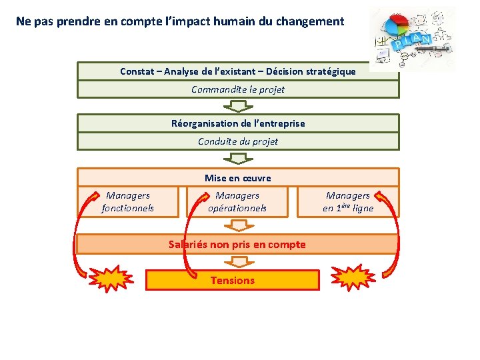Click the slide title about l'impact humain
(x=180, y=21)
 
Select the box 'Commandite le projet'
(x=238, y=89)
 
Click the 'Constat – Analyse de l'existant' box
(x=238, y=71)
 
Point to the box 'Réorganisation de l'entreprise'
(x=238, y=123)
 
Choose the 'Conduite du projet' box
(x=238, y=141)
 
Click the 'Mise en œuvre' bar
(x=238, y=177)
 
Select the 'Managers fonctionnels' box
(x=128, y=202)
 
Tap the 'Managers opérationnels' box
(x=237, y=202)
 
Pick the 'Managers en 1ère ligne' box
(x=348, y=202)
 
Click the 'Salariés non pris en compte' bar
(x=237, y=244)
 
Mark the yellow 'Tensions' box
(x=233, y=280)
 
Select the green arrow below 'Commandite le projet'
(x=236, y=106)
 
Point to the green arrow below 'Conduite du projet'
(x=236, y=159)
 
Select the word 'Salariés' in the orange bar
(x=188, y=244)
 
